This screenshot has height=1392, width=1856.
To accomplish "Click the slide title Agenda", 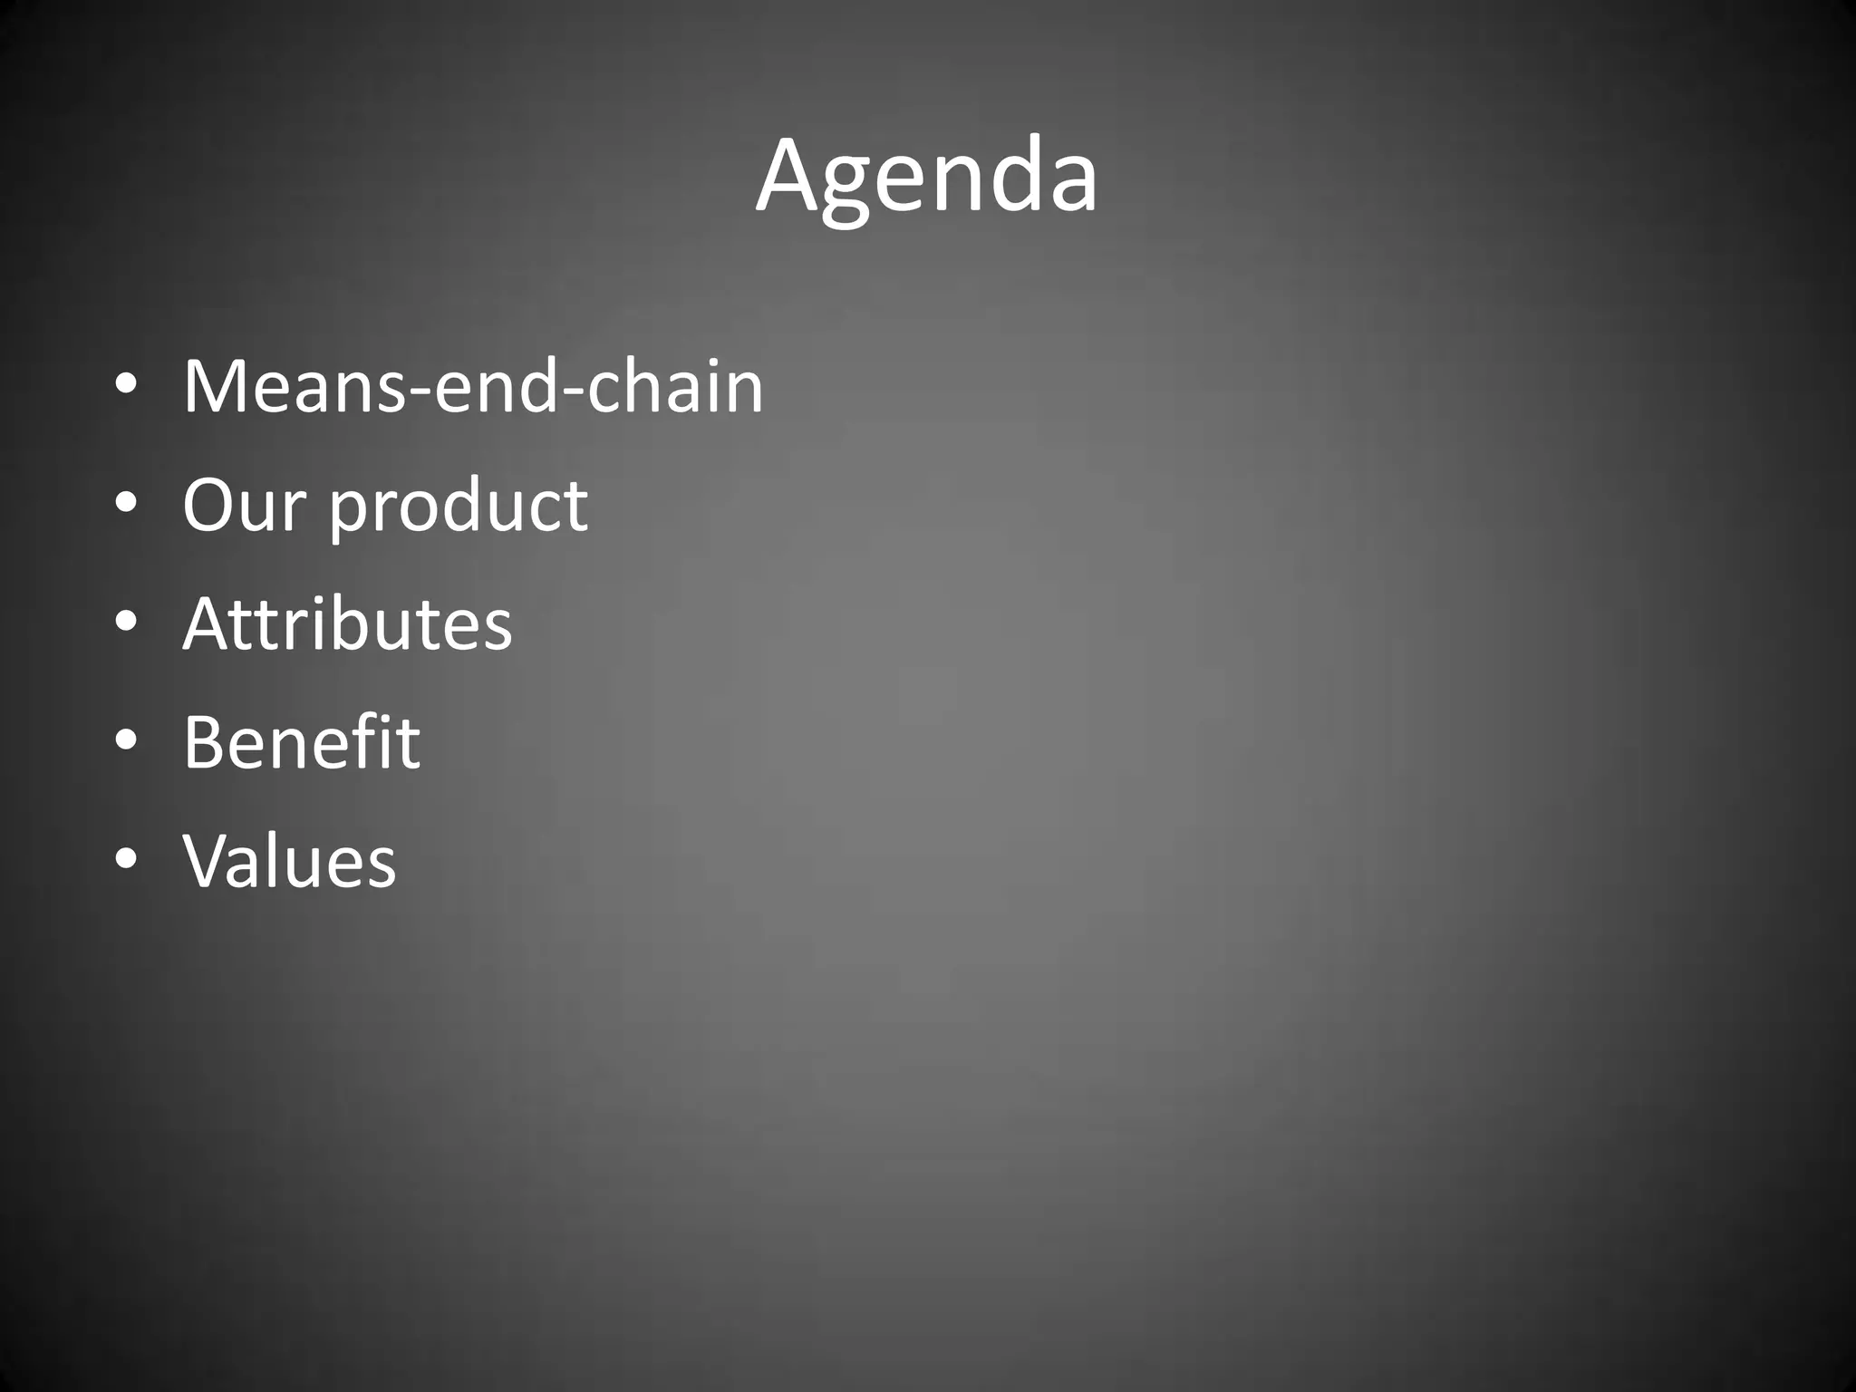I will [926, 177].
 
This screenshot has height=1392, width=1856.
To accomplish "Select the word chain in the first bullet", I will [675, 387].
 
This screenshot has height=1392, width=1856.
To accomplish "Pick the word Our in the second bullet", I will [244, 505].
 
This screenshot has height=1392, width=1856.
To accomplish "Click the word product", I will [458, 507].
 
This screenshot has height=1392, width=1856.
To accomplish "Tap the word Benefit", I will [302, 742].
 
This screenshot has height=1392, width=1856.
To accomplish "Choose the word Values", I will [289, 861].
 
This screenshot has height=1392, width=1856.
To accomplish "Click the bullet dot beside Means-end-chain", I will [126, 386].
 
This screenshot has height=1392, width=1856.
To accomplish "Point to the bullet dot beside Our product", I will [126, 504].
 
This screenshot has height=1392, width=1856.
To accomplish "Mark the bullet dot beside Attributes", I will [126, 623].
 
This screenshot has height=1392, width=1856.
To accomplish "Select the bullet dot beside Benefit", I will [126, 741].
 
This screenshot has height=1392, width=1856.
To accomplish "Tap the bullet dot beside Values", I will [126, 860].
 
